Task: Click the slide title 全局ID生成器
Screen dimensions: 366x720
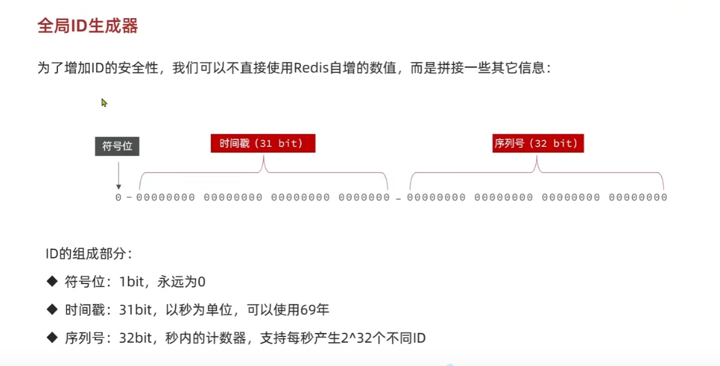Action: pos(88,26)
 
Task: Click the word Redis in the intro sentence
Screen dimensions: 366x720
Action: pos(310,68)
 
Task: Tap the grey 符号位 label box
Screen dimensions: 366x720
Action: pos(117,146)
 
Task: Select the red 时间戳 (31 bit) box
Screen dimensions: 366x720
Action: pos(263,143)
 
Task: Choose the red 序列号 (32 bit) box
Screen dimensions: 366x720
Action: pos(536,143)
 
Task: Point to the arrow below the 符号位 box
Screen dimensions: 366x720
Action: pos(118,176)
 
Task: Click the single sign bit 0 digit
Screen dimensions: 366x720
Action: pos(118,198)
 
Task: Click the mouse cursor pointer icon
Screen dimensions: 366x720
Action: pos(104,102)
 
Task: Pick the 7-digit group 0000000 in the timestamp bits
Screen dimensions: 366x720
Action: pos(364,198)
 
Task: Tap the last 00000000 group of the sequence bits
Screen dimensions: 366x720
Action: pos(638,198)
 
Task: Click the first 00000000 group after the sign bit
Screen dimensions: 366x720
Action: pos(165,198)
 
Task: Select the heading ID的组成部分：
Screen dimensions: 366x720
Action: pos(89,254)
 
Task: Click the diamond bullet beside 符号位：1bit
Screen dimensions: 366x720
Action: pos(52,281)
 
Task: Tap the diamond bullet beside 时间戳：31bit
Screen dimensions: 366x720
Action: pos(52,309)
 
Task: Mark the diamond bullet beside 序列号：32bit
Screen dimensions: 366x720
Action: pos(52,338)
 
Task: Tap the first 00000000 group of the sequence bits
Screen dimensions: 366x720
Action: pos(436,198)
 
